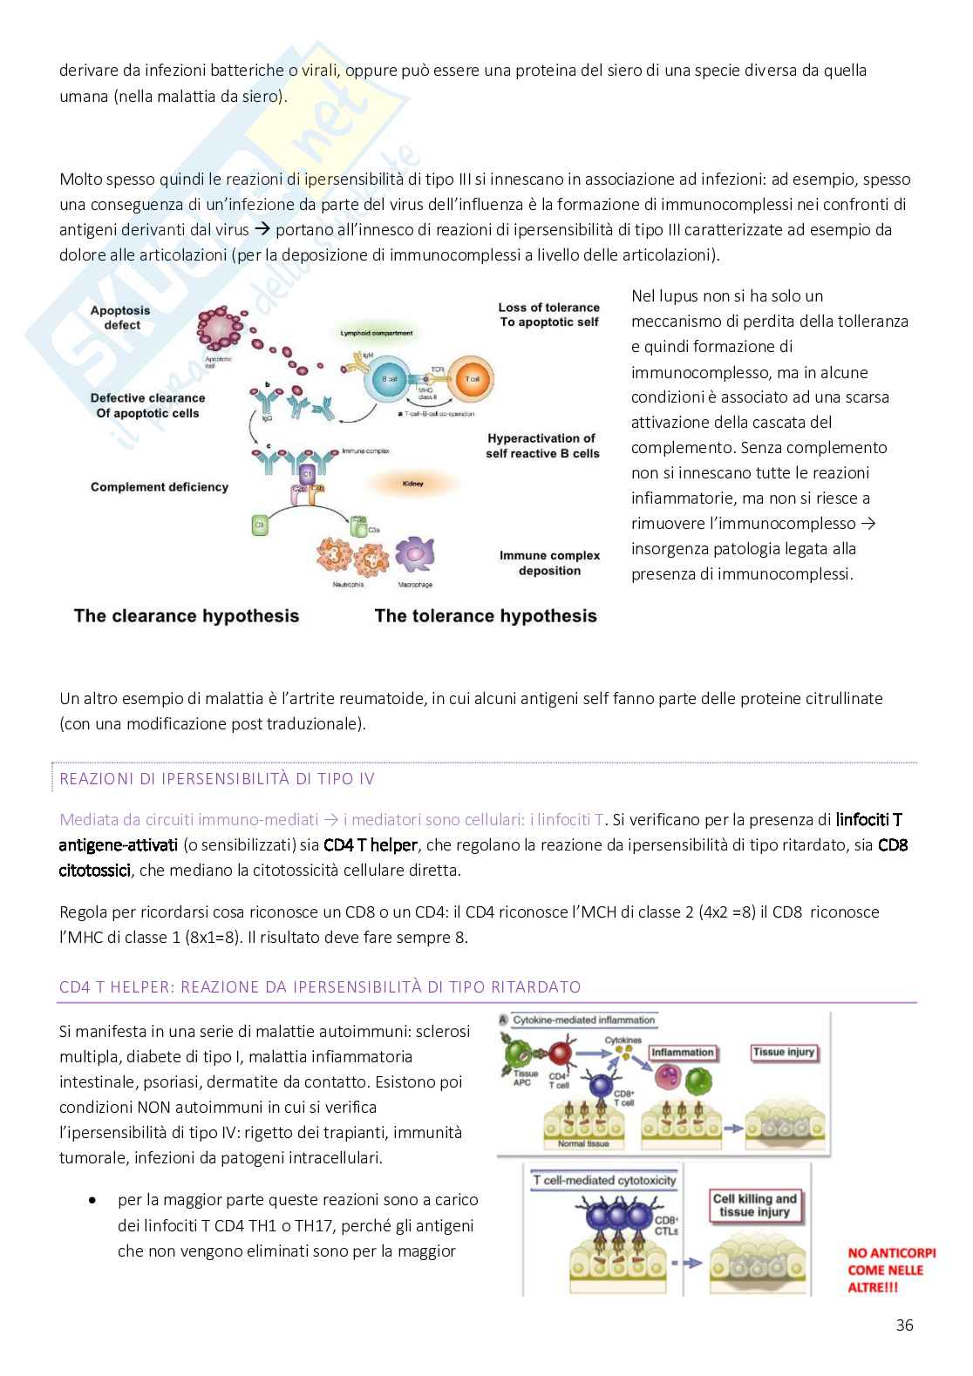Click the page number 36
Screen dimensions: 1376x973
pyautogui.click(x=904, y=1325)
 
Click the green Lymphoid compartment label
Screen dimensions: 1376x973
pyautogui.click(x=375, y=333)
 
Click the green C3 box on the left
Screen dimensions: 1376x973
pyautogui.click(x=258, y=525)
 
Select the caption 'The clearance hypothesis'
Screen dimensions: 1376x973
pyautogui.click(x=187, y=616)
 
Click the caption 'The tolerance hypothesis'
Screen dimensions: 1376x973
pyautogui.click(x=486, y=616)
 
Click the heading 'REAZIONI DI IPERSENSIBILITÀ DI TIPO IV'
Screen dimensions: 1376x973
pyautogui.click(x=217, y=779)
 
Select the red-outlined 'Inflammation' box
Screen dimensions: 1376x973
pyautogui.click(x=682, y=1053)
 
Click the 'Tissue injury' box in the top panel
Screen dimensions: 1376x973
pyautogui.click(x=783, y=1053)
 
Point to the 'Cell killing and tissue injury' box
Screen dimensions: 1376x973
pyautogui.click(x=755, y=1205)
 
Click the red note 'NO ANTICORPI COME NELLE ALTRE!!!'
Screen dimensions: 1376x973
pyautogui.click(x=891, y=1270)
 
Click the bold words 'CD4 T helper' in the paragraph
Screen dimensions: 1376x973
pyautogui.click(x=370, y=845)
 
